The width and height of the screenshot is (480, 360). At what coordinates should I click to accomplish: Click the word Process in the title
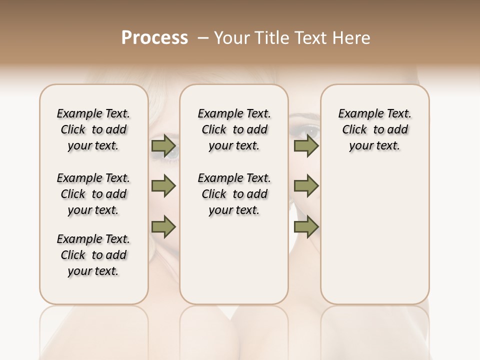pos(154,38)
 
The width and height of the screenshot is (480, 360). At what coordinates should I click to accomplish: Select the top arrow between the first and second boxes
pos(163,146)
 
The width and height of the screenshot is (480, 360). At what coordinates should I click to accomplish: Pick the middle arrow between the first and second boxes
pos(163,186)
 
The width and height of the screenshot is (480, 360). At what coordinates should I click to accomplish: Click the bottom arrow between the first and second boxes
pos(163,227)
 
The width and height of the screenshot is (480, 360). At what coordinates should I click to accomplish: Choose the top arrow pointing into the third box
pos(306,146)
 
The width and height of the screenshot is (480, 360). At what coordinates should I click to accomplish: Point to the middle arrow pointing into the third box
pos(306,186)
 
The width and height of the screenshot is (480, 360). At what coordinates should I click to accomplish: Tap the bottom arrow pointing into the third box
pos(306,227)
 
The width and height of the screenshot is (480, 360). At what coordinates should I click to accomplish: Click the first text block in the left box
pos(93,129)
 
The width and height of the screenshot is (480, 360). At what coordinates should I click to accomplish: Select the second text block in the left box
pos(93,194)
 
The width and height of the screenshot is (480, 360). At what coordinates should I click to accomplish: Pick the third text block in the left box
pos(93,255)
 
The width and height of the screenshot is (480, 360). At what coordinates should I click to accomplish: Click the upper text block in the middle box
pos(234,129)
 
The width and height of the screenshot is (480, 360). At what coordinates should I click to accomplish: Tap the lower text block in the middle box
pos(234,194)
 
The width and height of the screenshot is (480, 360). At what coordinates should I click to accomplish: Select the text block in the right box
pos(374,129)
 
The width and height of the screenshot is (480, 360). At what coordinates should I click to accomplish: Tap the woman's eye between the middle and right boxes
pos(306,131)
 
